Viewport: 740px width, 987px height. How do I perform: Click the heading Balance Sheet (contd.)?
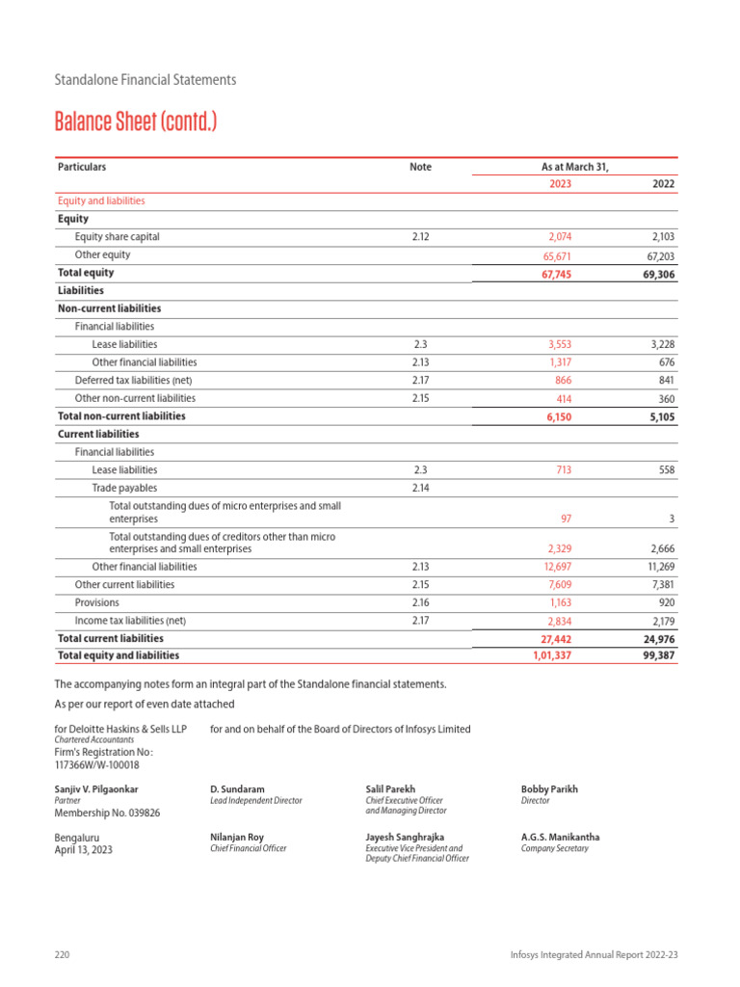(136, 122)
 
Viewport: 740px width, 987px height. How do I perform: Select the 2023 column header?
(560, 184)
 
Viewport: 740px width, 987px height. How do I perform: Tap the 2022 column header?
(663, 184)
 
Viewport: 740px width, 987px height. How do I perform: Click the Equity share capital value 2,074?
(558, 236)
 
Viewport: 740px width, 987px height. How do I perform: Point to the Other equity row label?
(102, 255)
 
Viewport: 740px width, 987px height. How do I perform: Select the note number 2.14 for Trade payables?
(420, 489)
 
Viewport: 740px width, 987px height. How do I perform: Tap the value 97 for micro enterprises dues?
(565, 519)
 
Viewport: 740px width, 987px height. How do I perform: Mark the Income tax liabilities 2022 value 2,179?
(659, 621)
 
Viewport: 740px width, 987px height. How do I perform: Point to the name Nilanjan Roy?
(236, 838)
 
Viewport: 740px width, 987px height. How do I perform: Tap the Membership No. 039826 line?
(107, 813)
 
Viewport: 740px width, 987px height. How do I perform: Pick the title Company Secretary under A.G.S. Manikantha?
(554, 849)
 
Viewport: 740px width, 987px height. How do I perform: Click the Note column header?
(420, 167)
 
